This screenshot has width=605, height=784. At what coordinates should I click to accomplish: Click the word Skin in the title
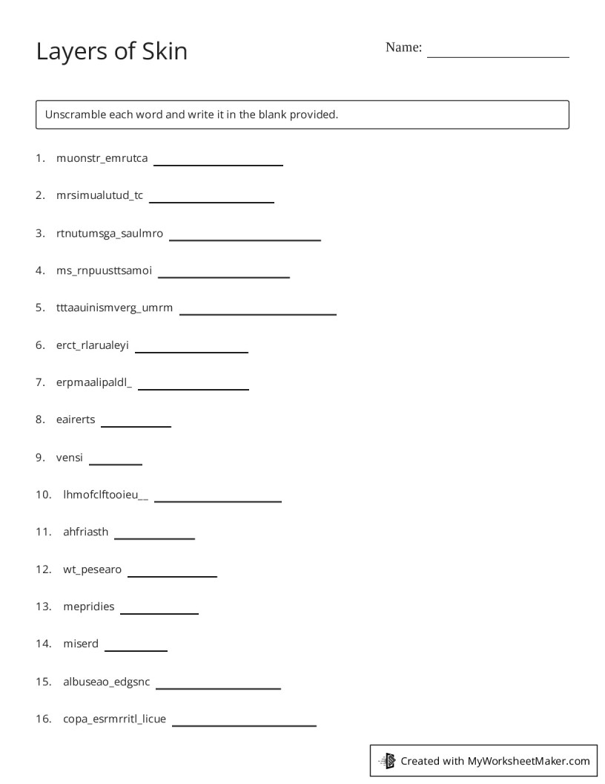pos(163,51)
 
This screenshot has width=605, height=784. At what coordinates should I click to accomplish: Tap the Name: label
pos(403,48)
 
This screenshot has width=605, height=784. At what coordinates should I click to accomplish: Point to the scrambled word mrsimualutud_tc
pos(99,196)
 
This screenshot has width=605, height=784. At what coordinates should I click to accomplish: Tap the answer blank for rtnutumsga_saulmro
pos(245,238)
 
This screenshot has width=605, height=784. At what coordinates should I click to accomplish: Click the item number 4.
pos(40,270)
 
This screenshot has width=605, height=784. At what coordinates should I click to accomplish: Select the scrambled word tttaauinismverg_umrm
pos(114,308)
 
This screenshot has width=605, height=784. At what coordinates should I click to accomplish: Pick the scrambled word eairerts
pos(76,419)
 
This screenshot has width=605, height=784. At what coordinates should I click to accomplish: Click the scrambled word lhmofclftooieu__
pos(105,494)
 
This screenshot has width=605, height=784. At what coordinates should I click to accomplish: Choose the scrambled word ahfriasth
pos(86,532)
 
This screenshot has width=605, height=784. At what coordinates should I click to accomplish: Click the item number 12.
pos(42,569)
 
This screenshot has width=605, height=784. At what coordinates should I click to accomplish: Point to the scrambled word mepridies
pos(89,607)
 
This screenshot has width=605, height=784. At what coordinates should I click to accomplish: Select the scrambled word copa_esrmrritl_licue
pos(115,719)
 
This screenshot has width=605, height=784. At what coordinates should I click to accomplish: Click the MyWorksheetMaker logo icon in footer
pos(387,760)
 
